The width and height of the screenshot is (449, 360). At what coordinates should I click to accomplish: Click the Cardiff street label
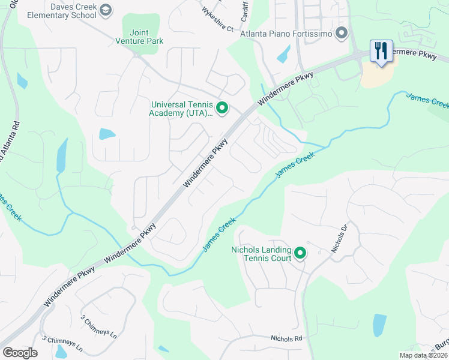coord(245,11)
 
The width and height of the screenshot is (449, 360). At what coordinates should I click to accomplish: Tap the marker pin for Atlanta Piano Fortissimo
coord(342,32)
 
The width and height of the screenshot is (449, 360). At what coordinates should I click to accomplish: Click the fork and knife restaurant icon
coord(381,51)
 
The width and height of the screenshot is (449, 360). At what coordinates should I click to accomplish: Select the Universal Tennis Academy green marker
coord(222,108)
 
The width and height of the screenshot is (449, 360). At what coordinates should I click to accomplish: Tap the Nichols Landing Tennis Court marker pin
coord(300,254)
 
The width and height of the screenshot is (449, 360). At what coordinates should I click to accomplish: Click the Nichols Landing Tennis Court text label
coord(263,254)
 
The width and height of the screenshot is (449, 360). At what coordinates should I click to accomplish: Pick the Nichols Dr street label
coord(340,238)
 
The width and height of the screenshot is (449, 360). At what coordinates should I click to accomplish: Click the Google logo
coord(20,353)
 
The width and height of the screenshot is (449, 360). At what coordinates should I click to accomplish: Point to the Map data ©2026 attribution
coord(423,355)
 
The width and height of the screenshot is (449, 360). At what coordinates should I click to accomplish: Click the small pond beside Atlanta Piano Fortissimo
coord(283,54)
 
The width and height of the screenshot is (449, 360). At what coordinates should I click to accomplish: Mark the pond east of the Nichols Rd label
coord(379,325)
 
